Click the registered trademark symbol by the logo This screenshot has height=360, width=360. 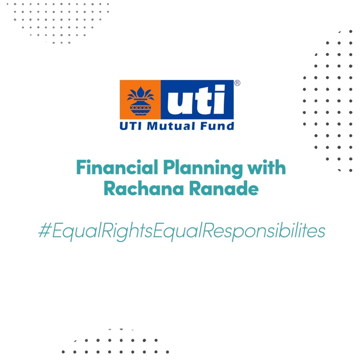click(237, 83)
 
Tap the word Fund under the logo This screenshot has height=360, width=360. click(217, 126)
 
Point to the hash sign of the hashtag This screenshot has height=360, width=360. click(45, 230)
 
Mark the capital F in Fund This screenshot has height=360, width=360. click(205, 126)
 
